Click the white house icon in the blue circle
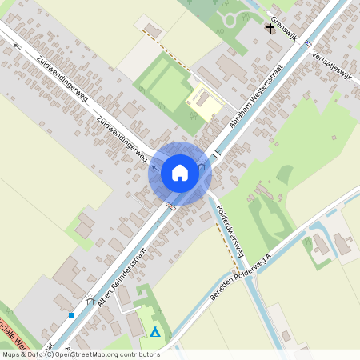pyautogui.click(x=180, y=172)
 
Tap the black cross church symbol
pyautogui.click(x=270, y=30)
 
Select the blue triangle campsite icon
pyautogui.click(x=155, y=331)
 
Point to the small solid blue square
pyautogui.click(x=71, y=315)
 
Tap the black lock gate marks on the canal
pyautogui.click(x=215, y=151)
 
